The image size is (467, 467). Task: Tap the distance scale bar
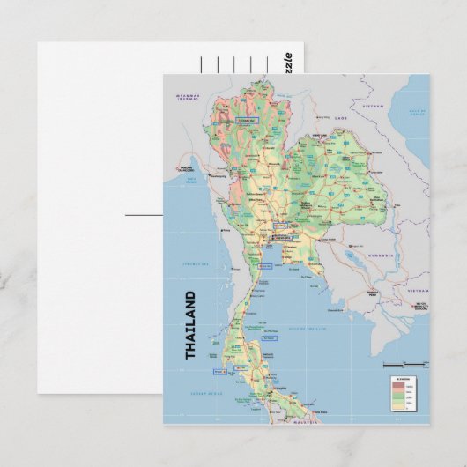point(398,364)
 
